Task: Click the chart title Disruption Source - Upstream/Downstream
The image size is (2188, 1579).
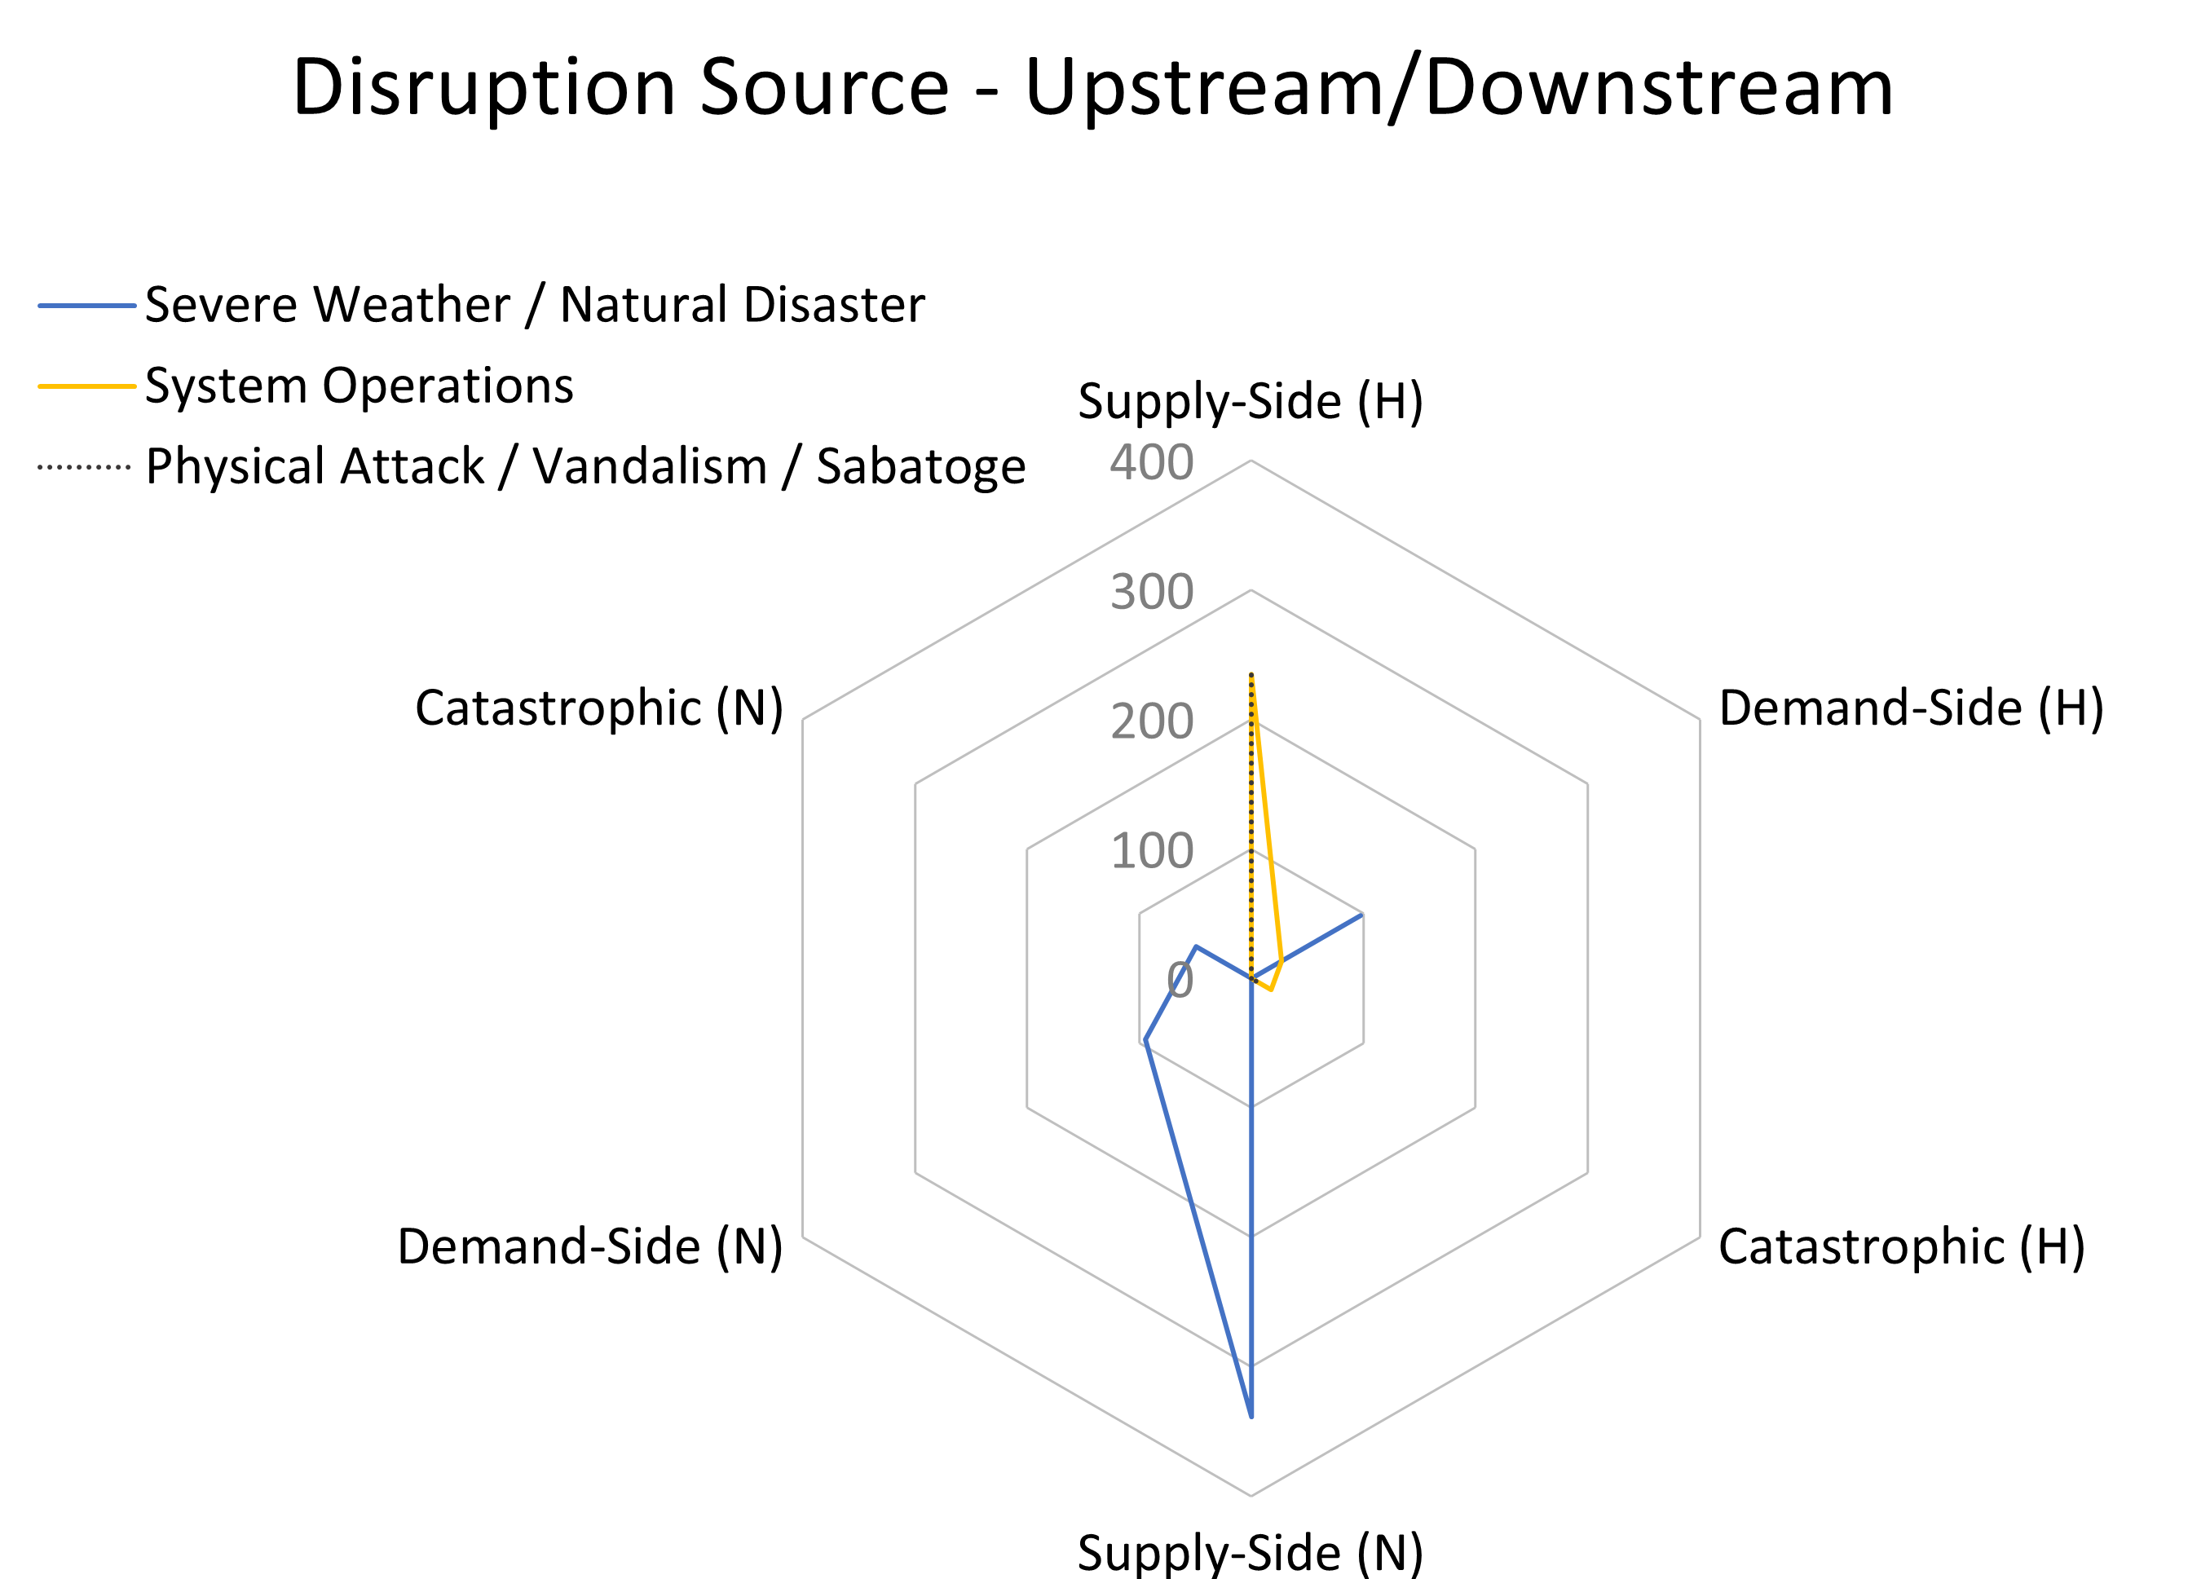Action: (1093, 88)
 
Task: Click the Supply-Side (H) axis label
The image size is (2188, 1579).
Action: (1251, 401)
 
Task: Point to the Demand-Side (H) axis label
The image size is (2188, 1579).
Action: (1911, 708)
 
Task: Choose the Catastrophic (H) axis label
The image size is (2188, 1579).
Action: (1902, 1246)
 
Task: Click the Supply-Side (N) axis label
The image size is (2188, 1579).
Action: (1251, 1553)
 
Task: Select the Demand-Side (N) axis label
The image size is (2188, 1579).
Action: (590, 1246)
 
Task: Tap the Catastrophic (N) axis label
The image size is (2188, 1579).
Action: (599, 708)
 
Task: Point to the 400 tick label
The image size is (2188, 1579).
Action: (1152, 462)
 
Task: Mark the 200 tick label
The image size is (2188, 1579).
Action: (1152, 721)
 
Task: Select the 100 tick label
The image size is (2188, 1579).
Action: (1152, 851)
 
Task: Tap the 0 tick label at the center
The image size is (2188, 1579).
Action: (1180, 980)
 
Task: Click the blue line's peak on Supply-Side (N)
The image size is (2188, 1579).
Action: (1251, 1417)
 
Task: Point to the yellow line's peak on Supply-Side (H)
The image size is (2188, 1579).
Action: (1251, 674)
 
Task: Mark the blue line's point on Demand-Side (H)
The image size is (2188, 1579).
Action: (1361, 915)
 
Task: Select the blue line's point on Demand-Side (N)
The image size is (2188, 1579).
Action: (1145, 1041)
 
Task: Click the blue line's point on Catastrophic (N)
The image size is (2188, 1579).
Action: (1196, 946)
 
